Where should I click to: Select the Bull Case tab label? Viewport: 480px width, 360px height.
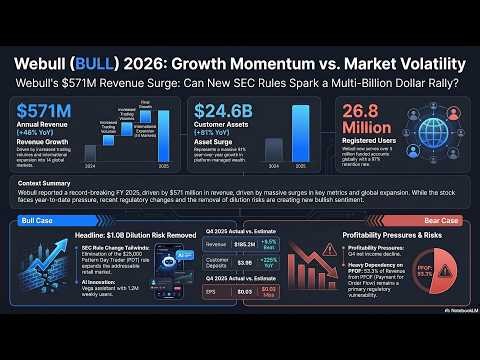(x=36, y=219)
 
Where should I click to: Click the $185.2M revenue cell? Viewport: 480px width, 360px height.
(x=243, y=243)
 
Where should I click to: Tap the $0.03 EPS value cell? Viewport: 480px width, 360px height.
(x=243, y=291)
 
